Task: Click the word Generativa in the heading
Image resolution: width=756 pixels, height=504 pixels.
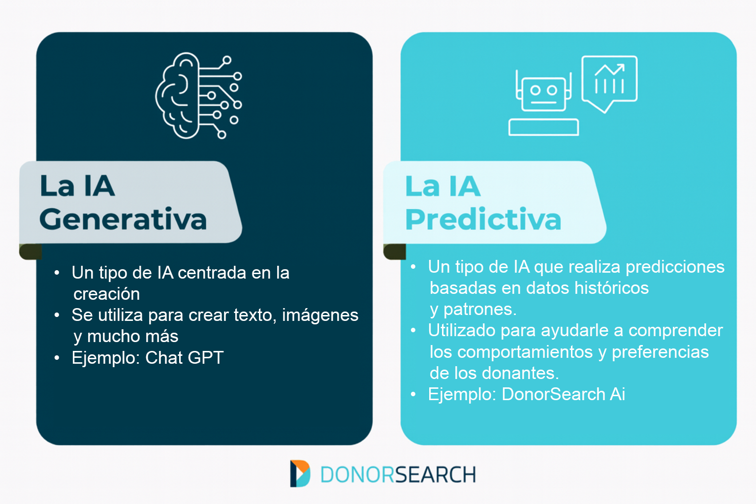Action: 123,220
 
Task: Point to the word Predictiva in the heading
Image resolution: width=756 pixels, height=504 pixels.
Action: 483,220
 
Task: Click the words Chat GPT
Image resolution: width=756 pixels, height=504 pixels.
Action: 184,357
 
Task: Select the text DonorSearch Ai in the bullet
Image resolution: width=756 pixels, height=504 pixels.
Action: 563,394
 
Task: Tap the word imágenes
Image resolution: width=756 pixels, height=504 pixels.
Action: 320,315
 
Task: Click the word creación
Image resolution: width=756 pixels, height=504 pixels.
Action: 107,294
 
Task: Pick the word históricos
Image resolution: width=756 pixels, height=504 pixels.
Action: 612,288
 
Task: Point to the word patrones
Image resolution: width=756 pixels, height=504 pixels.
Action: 480,310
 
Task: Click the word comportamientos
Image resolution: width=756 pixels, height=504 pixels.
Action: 525,352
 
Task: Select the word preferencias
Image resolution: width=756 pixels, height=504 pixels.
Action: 660,352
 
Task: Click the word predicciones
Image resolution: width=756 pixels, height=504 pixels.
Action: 675,267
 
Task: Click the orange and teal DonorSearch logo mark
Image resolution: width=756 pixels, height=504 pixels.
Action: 300,473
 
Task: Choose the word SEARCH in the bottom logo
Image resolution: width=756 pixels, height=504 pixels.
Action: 436,474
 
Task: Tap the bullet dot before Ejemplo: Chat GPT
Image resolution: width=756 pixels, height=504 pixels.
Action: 57,358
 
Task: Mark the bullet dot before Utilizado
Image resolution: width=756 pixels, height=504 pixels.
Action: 413,330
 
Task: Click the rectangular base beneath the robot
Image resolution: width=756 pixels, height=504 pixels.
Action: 544,127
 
